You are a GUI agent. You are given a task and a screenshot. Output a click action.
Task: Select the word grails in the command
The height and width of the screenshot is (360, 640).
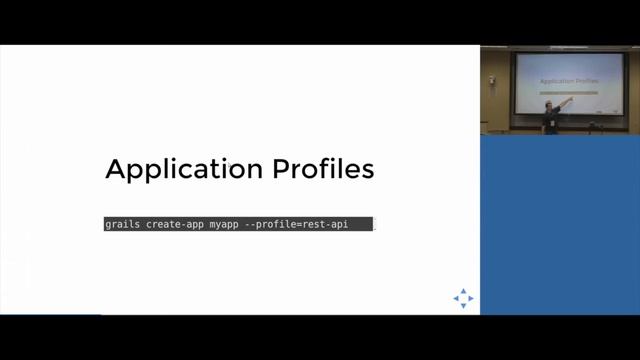coord(122,225)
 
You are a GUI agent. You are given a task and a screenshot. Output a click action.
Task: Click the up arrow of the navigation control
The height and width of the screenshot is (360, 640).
coord(463,291)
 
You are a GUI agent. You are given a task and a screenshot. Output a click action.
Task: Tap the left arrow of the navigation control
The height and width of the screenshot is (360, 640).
coord(456,298)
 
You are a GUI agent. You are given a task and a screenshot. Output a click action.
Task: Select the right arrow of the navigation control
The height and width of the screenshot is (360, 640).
coord(471,298)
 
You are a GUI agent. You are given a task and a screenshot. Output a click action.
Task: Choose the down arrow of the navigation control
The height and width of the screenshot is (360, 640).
coord(463,305)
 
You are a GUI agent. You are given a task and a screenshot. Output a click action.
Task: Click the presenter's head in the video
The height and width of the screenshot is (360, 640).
coord(549,104)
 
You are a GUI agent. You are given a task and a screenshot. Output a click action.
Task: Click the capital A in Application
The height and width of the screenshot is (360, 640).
coord(116,169)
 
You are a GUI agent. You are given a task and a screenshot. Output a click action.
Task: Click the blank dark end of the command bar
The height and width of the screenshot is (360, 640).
coord(361,225)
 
